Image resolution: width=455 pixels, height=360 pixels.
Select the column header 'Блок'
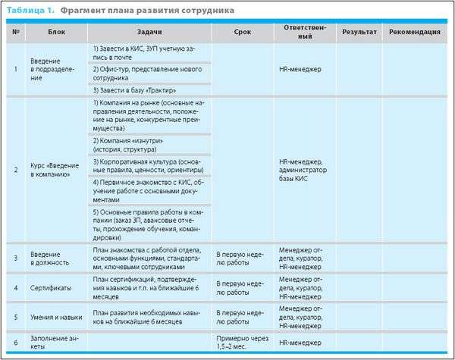[x=55, y=32]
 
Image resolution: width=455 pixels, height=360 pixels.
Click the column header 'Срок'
[x=244, y=32]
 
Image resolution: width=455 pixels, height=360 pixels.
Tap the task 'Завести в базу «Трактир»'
[x=133, y=90]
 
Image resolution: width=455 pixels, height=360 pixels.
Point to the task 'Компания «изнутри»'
[x=127, y=145]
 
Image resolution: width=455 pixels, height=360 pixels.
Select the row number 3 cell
[x=16, y=258]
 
